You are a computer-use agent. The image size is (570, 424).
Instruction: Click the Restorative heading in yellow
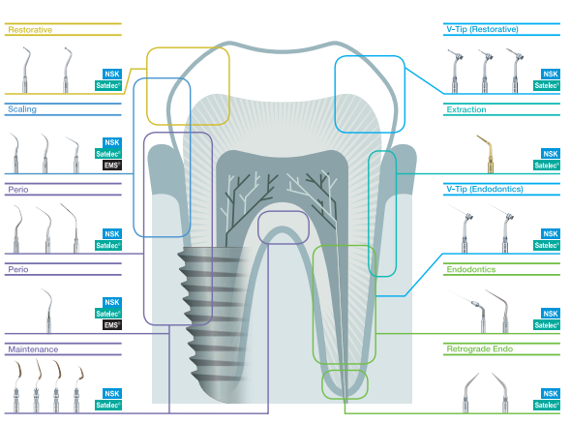coord(30,30)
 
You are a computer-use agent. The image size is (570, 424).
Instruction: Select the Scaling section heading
coord(22,109)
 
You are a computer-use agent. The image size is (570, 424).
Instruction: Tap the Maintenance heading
coord(33,349)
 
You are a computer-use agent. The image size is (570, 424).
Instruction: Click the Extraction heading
coord(466,109)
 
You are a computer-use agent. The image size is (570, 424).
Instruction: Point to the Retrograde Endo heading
coord(479,349)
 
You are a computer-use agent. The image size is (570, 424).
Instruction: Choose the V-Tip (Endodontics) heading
coord(485,189)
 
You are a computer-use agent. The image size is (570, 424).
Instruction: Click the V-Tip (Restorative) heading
coord(482,29)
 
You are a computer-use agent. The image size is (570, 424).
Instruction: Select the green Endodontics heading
coord(470,269)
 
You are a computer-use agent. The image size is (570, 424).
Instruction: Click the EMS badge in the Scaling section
coord(111,166)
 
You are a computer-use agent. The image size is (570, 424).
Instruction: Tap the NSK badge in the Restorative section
coord(112,74)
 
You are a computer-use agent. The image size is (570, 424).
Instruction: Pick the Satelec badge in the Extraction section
coord(546,166)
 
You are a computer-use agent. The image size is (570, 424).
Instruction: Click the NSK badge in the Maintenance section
coord(112,393)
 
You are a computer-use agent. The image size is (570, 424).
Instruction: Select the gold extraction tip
coord(488,154)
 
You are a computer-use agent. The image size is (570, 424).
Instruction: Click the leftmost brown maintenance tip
coord(16,386)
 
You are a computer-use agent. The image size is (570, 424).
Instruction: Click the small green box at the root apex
coord(345,384)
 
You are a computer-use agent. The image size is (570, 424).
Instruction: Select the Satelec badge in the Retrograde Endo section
coord(546,405)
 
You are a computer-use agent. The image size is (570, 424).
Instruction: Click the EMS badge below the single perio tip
coord(111,325)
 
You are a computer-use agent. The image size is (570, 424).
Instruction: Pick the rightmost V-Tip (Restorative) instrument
coord(515,71)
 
